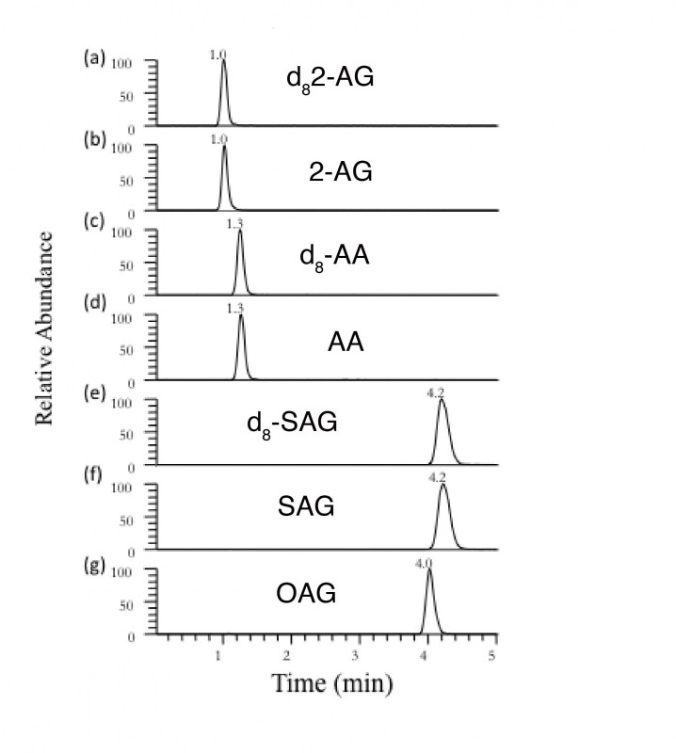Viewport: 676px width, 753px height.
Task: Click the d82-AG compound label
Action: [330, 79]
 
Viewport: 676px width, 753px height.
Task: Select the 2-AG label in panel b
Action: [341, 171]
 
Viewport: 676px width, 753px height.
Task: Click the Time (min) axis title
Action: [330, 684]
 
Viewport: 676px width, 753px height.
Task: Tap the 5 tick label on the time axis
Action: [493, 654]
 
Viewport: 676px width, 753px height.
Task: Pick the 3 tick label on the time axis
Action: [356, 654]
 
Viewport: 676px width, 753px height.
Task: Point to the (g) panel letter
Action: [94, 569]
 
